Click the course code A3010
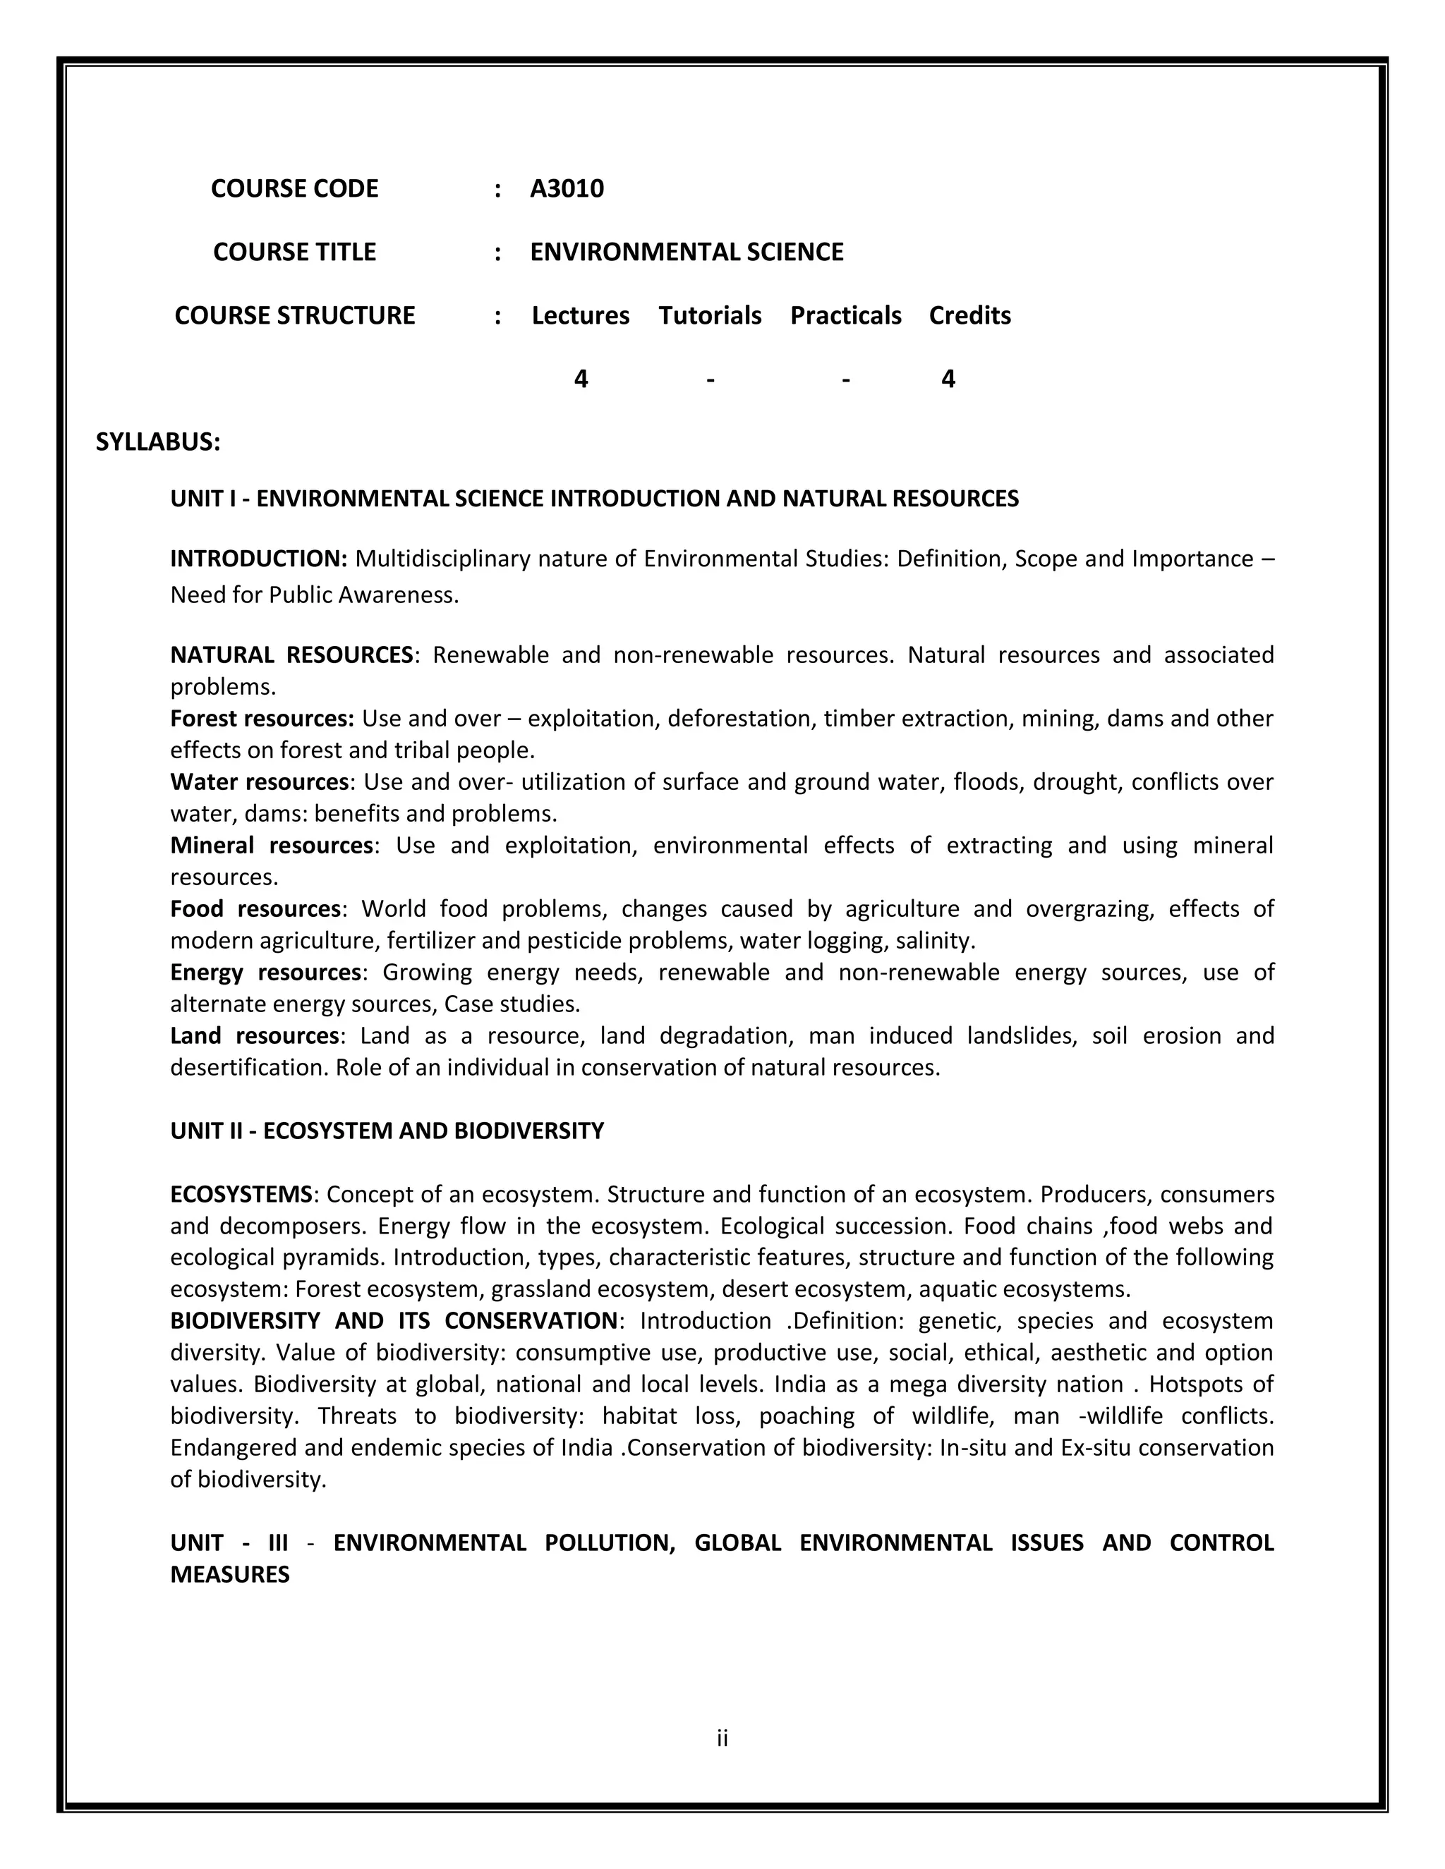pyautogui.click(x=567, y=188)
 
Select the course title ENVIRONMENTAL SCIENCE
pyautogui.click(x=687, y=252)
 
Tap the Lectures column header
pyautogui.click(x=581, y=316)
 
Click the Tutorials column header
pyautogui.click(x=710, y=316)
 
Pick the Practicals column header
pyautogui.click(x=846, y=316)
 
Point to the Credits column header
pyautogui.click(x=970, y=316)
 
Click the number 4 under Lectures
pyautogui.click(x=581, y=378)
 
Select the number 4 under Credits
pyautogui.click(x=948, y=378)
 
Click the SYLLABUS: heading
pyautogui.click(x=158, y=442)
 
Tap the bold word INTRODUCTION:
pyautogui.click(x=258, y=559)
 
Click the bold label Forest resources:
pyautogui.click(x=262, y=718)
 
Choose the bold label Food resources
pyautogui.click(x=255, y=908)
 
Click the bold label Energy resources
pyautogui.click(x=265, y=972)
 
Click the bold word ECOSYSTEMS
pyautogui.click(x=241, y=1194)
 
